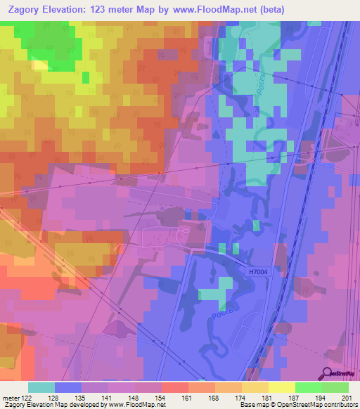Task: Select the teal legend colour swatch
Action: (41, 387)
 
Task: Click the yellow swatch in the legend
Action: (281, 387)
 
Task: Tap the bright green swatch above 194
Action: (308, 387)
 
